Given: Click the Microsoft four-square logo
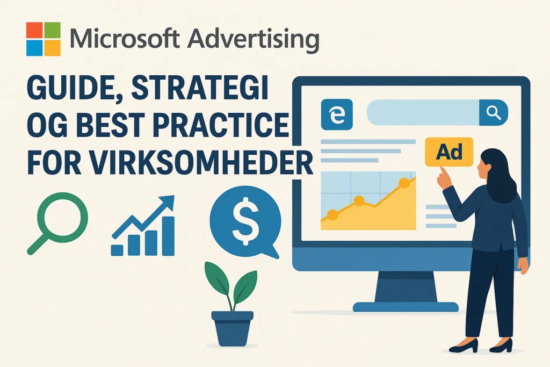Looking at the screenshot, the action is pos(44,39).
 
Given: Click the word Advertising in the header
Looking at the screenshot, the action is pos(254,39).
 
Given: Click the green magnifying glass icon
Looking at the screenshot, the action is pos(57,223).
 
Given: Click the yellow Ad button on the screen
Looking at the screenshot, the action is pos(449,152).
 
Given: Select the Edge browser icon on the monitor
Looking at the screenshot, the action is pos(337,114).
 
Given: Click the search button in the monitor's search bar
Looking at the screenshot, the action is pos(494,113).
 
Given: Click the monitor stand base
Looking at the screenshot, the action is pos(406,307).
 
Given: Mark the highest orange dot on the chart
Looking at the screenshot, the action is pos(404,183).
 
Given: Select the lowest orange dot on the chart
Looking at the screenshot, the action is pos(332,214).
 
